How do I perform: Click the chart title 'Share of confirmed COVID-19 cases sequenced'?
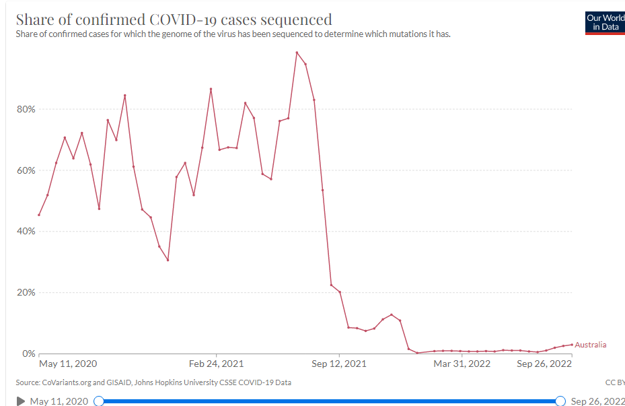click(174, 19)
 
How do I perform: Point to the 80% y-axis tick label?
click(26, 109)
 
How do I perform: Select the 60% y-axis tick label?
click(26, 170)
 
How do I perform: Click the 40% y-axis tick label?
click(26, 231)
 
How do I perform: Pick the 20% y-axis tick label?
click(26, 292)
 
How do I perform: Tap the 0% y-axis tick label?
click(28, 353)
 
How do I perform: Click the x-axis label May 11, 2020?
click(68, 364)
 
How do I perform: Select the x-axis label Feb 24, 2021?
click(217, 364)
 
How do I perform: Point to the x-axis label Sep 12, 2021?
click(340, 364)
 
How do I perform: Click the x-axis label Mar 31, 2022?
click(462, 364)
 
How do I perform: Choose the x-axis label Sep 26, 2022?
click(544, 364)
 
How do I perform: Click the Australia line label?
click(590, 345)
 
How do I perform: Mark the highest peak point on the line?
click(297, 53)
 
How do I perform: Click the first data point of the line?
click(39, 215)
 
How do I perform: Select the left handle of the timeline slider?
click(99, 401)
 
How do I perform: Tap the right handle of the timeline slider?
click(560, 401)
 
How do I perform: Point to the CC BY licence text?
click(615, 382)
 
